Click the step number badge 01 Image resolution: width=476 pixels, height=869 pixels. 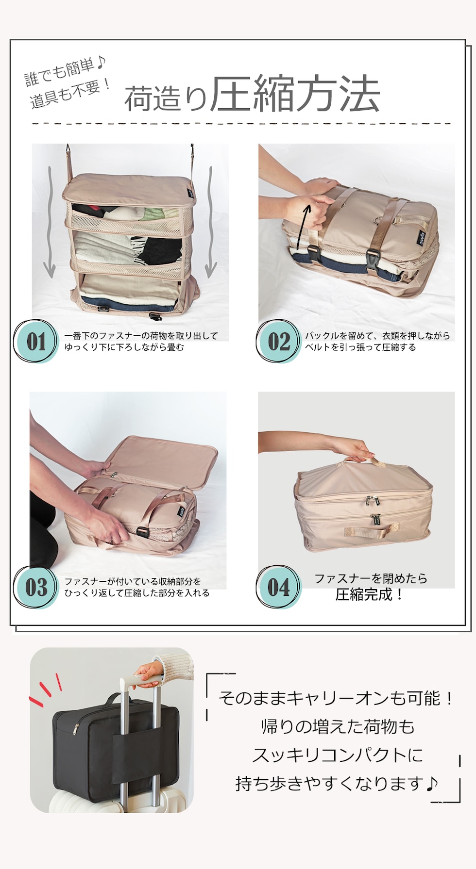coord(35,341)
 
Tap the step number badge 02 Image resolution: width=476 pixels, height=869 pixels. coord(278,341)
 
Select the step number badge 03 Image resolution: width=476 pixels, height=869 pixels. coord(36,587)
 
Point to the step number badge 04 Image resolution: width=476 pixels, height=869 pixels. coord(278,587)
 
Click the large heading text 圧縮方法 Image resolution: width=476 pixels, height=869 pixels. coord(294,95)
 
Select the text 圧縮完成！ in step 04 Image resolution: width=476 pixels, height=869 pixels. coord(370,594)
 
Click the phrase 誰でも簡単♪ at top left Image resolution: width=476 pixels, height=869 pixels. coord(65,72)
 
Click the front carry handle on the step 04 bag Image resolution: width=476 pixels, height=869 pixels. coord(372,531)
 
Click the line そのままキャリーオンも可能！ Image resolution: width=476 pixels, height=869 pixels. coord(336,699)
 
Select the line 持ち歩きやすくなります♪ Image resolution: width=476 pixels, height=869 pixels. coord(337,783)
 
